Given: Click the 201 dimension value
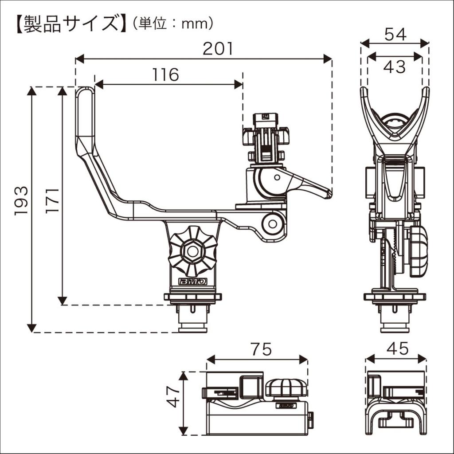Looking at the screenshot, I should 218,48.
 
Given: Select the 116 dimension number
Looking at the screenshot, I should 165,75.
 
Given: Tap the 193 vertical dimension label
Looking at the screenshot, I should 21,200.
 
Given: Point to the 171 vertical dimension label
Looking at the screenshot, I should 52,200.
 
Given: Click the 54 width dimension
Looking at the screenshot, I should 395,34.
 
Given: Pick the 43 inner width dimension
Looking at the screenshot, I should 395,67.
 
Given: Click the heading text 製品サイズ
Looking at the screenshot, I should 68,23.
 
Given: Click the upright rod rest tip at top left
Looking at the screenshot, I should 85,95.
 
